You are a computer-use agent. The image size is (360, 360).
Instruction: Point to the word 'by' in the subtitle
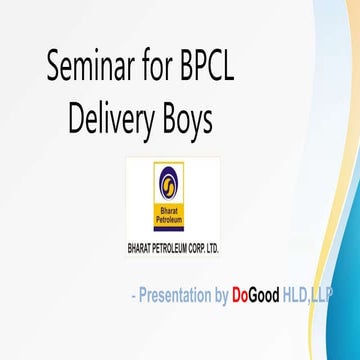pyautogui.click(x=219, y=296)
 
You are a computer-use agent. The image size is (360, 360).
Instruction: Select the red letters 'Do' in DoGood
pyautogui.click(x=241, y=296)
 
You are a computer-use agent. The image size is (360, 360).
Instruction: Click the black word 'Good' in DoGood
pyautogui.click(x=265, y=296)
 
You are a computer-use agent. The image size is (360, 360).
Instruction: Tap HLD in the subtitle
pyautogui.click(x=298, y=296)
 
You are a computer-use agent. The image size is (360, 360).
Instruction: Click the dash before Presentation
pyautogui.click(x=133, y=297)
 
